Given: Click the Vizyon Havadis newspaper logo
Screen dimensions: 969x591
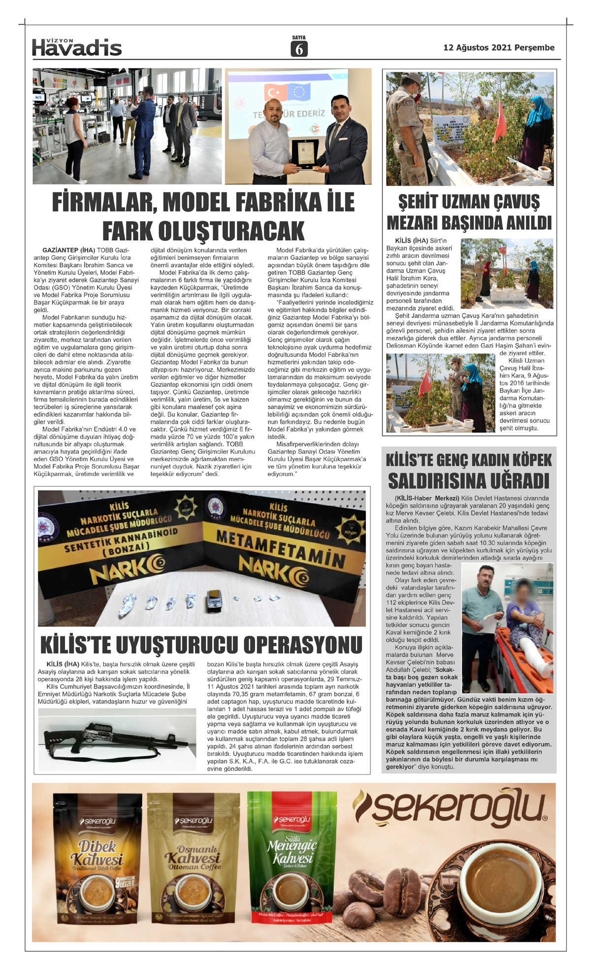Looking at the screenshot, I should (76, 47).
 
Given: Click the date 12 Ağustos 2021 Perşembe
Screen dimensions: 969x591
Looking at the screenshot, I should (498, 48).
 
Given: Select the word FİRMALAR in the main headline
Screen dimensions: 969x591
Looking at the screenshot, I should (103, 202).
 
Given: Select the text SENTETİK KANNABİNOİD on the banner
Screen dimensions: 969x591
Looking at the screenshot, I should (121, 540).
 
